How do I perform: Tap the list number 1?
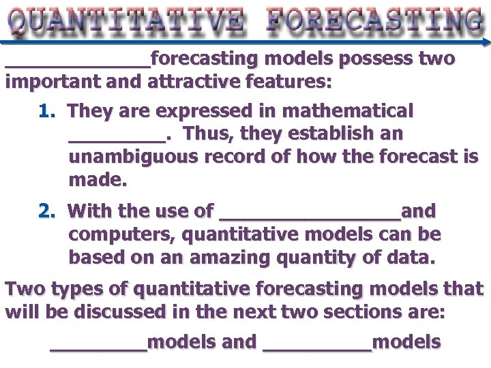tap(46, 110)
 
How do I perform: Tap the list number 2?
tap(46, 211)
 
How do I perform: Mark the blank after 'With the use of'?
tap(310, 216)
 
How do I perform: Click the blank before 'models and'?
tap(99, 347)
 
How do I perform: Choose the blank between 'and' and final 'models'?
tap(317, 347)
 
